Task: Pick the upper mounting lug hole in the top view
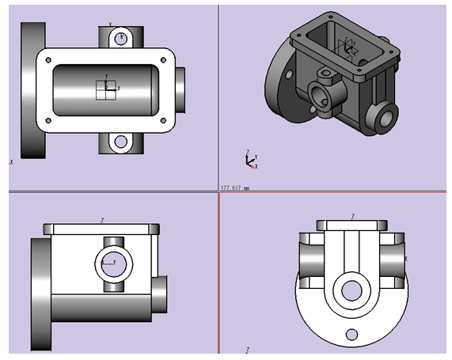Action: pyautogui.click(x=120, y=37)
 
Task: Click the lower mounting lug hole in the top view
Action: pyautogui.click(x=120, y=142)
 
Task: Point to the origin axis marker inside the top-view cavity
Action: pyautogui.click(x=106, y=89)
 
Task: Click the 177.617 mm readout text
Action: pyautogui.click(x=234, y=188)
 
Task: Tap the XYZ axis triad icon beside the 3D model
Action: pyautogui.click(x=250, y=161)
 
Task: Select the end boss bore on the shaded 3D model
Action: pyautogui.click(x=388, y=116)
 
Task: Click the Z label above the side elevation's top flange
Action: pyautogui.click(x=102, y=220)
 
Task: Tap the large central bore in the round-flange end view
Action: pyautogui.click(x=350, y=290)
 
